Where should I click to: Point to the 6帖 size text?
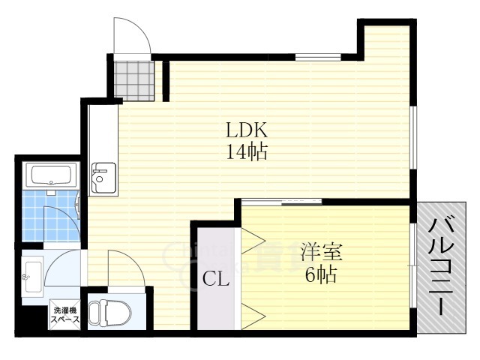[319, 275]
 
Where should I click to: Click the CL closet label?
[216, 280]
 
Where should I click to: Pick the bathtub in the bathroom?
[50, 176]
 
